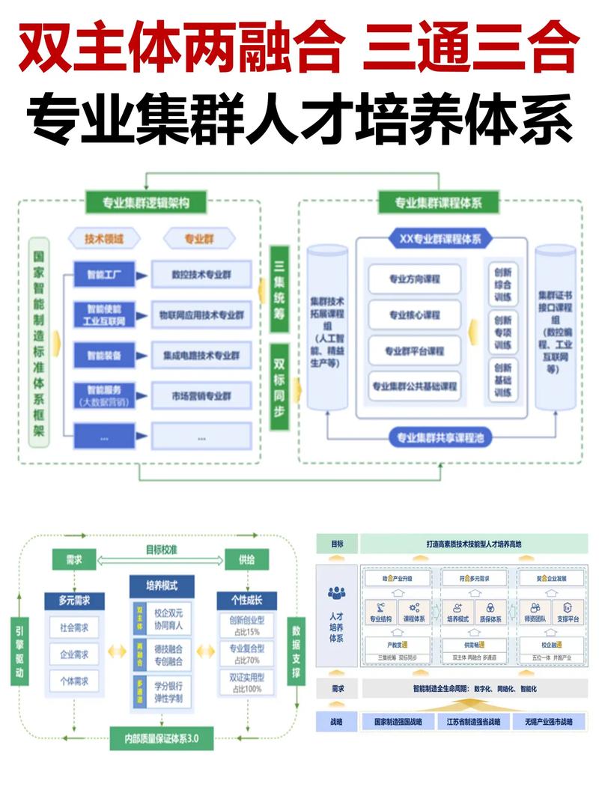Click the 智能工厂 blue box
coord(104,274)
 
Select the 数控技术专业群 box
coord(201,274)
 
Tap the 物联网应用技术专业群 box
coord(201,315)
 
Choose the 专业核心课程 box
coord(414,315)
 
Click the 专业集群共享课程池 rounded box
coord(440,437)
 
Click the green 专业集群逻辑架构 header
coord(146,202)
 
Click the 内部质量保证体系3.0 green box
coord(161,738)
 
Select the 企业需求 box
coord(74,654)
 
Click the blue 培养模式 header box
coord(161,584)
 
